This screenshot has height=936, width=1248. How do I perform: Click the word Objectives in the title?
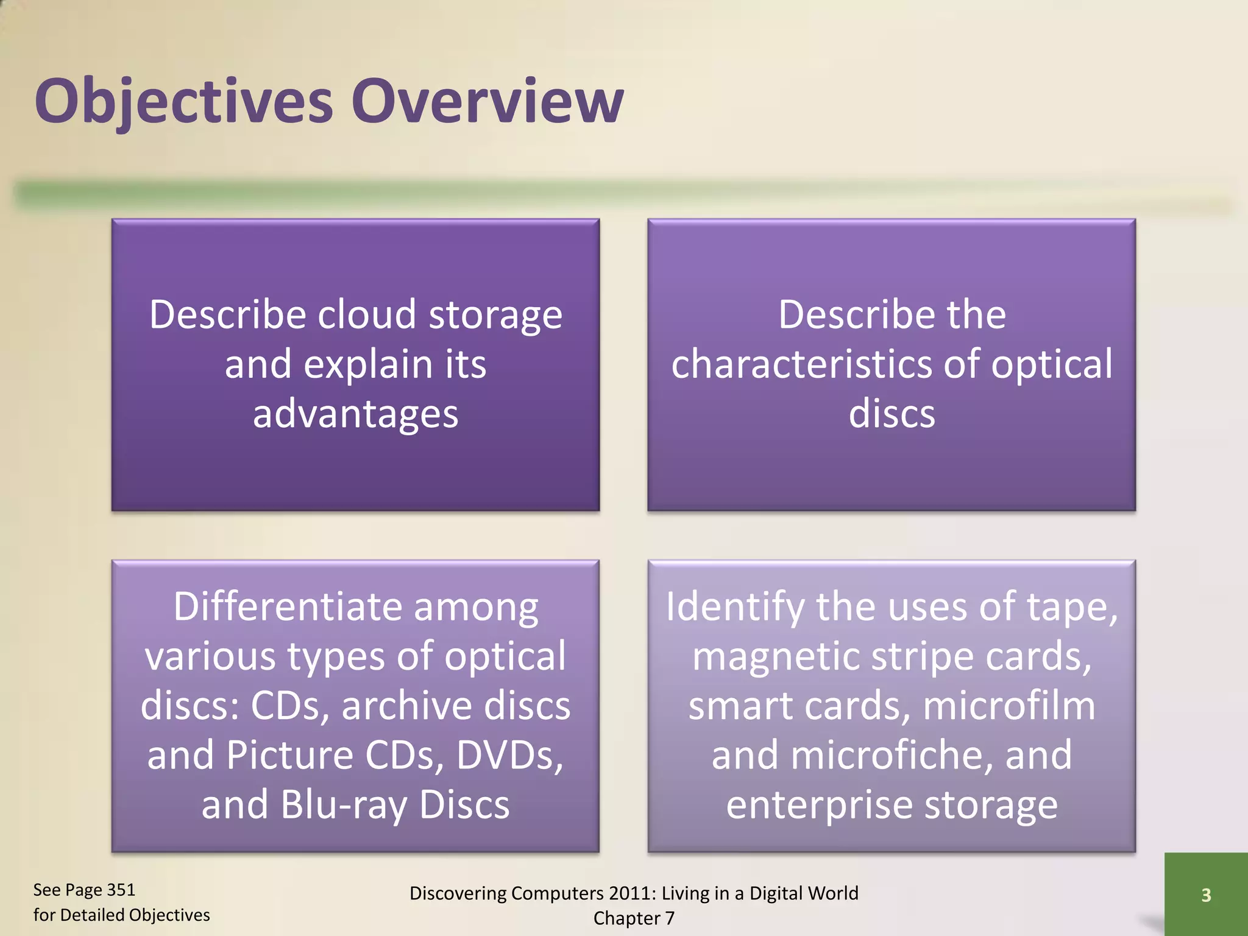[x=183, y=101]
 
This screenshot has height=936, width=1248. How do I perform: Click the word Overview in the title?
[x=487, y=101]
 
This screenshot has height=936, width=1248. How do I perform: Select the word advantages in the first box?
[x=355, y=414]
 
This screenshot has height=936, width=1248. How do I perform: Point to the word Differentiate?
[x=286, y=607]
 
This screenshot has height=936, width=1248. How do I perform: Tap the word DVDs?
[x=509, y=756]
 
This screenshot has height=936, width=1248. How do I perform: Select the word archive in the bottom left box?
[x=406, y=706]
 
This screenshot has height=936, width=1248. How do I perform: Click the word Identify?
[x=734, y=607]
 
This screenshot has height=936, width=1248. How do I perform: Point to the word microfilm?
[x=1009, y=706]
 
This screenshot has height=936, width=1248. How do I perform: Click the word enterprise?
[x=819, y=805]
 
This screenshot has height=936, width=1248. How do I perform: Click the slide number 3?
[x=1205, y=895]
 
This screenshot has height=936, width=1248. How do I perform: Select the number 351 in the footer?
[x=120, y=890]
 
